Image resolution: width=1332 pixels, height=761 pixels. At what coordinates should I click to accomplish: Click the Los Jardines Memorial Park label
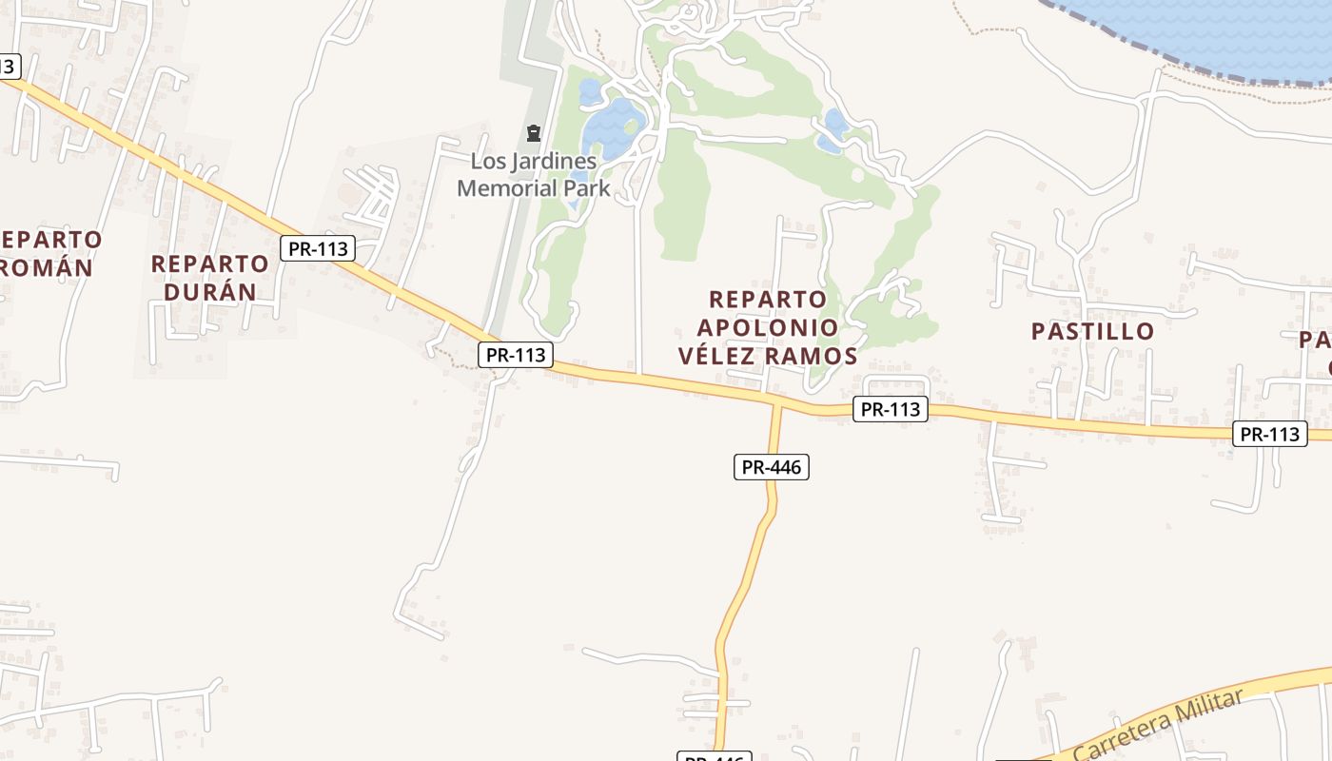point(534,174)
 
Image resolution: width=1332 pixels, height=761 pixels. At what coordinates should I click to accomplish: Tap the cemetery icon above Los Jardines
point(534,133)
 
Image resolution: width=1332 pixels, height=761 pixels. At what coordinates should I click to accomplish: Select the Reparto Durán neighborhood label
point(209,277)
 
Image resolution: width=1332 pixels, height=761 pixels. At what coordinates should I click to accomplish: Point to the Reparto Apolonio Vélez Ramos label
point(768,328)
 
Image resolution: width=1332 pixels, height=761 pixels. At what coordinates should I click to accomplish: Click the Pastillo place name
point(1093,331)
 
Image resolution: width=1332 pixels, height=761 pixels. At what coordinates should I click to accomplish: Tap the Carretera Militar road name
point(1158,724)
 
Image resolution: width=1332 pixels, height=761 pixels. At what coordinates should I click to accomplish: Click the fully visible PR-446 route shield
point(771,467)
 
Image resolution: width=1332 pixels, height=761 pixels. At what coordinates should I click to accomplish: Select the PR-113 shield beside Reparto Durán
point(318,249)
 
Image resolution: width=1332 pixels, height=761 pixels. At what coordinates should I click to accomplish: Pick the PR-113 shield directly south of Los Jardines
point(515,355)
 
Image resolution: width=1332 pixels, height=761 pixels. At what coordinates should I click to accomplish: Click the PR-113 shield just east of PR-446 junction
point(890,409)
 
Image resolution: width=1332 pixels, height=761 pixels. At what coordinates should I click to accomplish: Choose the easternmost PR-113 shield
point(1270,434)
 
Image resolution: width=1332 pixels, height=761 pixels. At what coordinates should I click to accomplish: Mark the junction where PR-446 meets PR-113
point(777,403)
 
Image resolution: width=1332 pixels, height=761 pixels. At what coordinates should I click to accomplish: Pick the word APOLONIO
point(768,328)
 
